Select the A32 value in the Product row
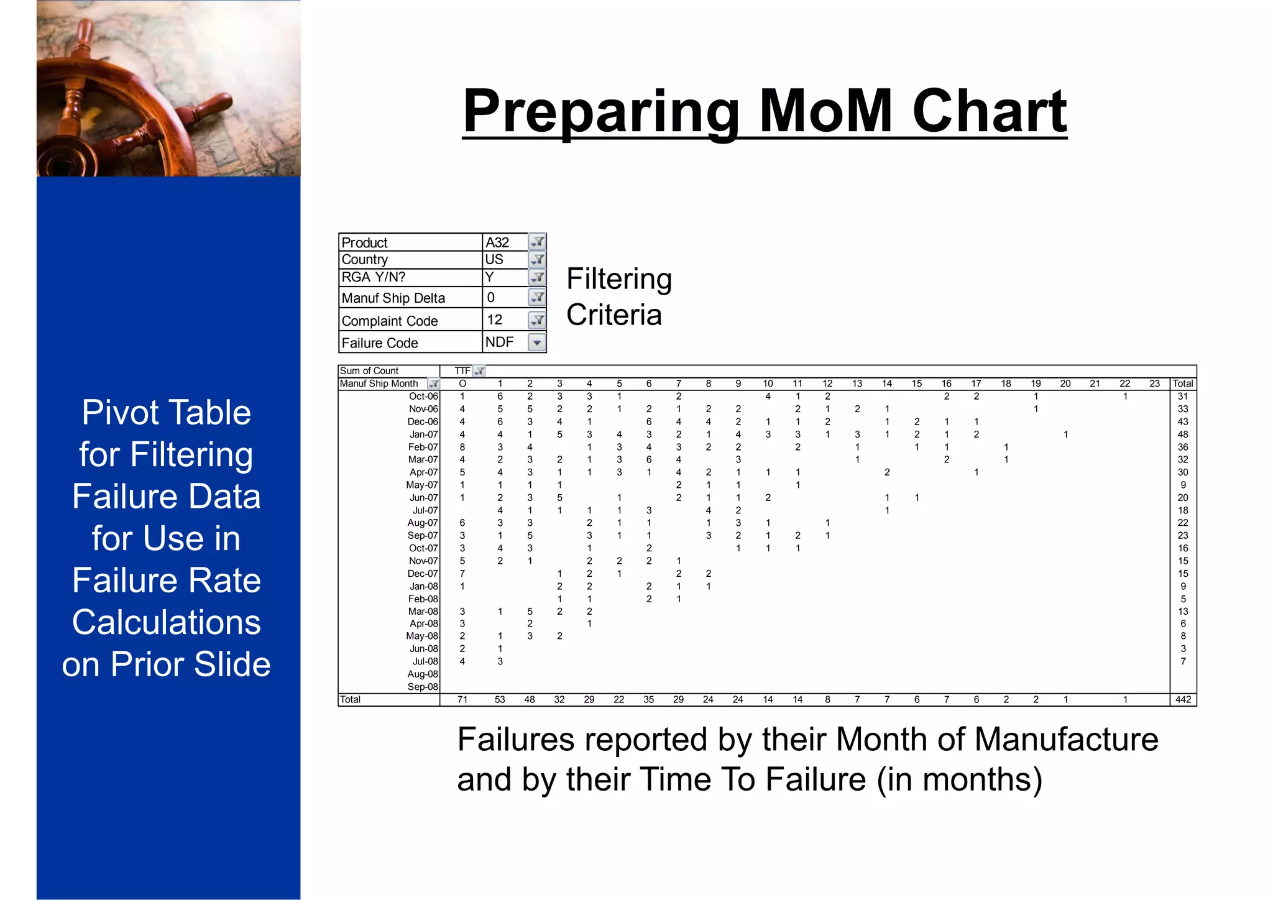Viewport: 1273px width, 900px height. [497, 242]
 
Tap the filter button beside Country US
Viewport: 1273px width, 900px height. [537, 259]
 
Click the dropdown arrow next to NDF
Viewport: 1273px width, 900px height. [537, 342]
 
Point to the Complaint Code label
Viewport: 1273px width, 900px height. [390, 321]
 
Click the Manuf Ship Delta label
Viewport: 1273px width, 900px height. [393, 298]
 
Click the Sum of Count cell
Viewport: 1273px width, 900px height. [369, 371]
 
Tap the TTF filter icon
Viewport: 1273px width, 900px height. [479, 371]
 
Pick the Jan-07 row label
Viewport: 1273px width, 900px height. [424, 434]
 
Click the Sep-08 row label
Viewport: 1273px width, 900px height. [423, 687]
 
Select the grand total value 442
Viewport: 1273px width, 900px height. [1183, 700]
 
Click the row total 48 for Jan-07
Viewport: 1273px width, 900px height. [1183, 434]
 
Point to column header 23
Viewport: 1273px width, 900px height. [1154, 383]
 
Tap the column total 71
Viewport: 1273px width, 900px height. [462, 700]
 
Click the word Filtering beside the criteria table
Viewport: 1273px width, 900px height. [619, 279]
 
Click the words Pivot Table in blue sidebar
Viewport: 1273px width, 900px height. [166, 413]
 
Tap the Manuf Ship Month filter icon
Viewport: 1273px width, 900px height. [433, 384]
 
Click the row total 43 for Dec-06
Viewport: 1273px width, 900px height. [1183, 422]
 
